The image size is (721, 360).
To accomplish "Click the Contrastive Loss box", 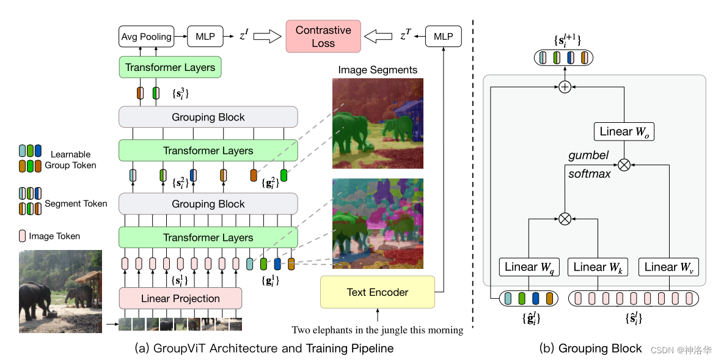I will pos(323,37).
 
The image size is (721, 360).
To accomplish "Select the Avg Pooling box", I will pos(146,37).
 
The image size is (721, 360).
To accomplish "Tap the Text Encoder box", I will pos(377,292).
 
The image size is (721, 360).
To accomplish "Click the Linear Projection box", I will pos(180,298).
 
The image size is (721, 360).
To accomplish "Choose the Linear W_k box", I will pos(598,267).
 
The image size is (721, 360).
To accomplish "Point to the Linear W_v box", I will pos(669,267).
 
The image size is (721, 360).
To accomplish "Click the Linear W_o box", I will pos(624,131).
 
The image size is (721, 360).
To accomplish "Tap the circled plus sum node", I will pos(565,87).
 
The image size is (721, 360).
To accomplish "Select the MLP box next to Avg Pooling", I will pos(205,37).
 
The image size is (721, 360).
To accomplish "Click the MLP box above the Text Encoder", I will pos(443,37).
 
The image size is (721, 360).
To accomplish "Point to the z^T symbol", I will pos(405,37).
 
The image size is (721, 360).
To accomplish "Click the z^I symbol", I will pos(243,37).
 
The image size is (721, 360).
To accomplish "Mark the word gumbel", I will pos(588,156).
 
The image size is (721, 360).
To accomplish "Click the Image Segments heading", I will pos(378,70).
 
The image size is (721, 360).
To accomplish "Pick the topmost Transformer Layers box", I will pos(170,67).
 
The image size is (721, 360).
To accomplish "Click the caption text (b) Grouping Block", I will pos(591,348).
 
